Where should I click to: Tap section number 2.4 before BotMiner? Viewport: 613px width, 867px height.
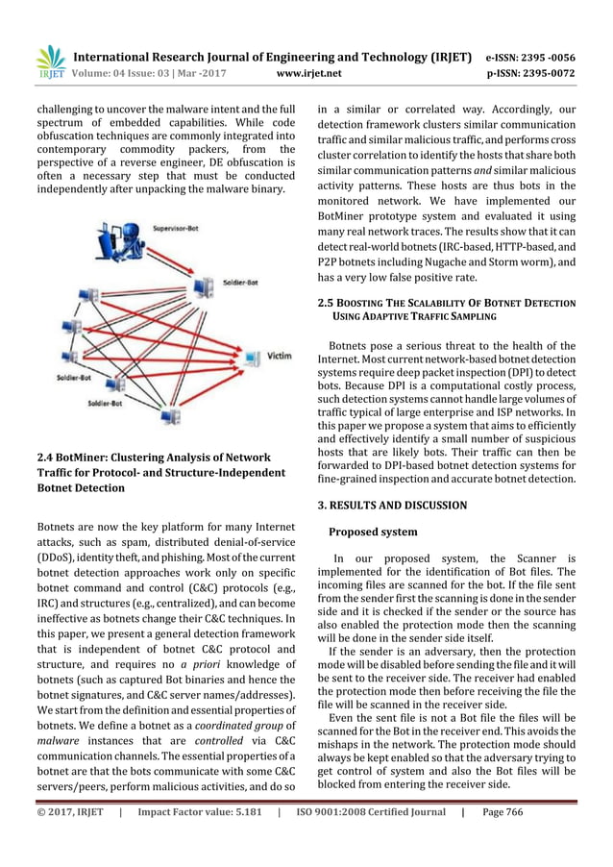44,456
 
